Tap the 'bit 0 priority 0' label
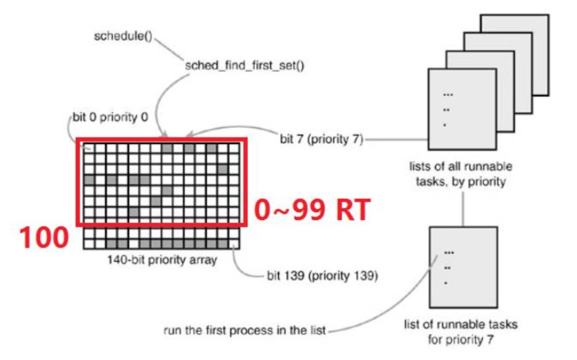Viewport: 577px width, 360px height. pyautogui.click(x=110, y=118)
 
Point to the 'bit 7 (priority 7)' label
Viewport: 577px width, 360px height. pyautogui.click(x=321, y=140)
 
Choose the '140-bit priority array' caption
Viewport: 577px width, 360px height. pyautogui.click(x=161, y=260)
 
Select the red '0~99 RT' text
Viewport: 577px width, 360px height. pyautogui.click(x=312, y=210)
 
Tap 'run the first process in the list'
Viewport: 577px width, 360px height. pyautogui.click(x=245, y=331)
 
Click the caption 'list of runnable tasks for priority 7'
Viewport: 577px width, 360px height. pyautogui.click(x=461, y=332)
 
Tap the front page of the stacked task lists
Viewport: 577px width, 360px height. pyautogui.click(x=462, y=109)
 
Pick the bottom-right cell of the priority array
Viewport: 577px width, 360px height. pyautogui.click(x=234, y=244)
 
